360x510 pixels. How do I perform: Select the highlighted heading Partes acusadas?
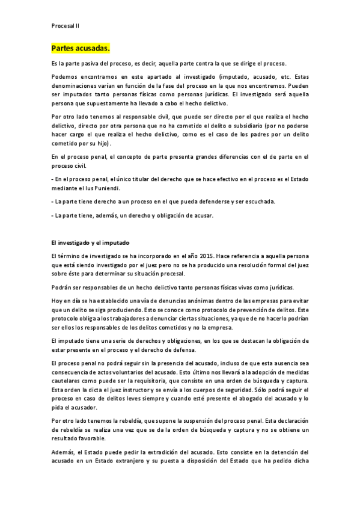tap(81, 48)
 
